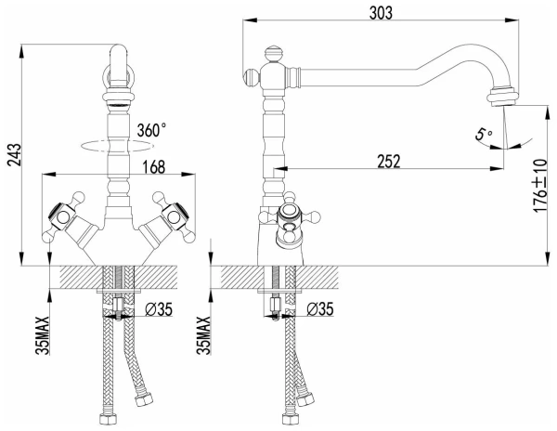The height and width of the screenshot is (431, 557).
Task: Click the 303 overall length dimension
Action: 381,13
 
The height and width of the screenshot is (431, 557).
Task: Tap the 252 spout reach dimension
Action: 388,161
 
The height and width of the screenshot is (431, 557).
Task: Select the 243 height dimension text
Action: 15,155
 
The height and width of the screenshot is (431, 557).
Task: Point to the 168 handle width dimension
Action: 154,167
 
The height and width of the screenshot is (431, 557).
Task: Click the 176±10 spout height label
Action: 540,186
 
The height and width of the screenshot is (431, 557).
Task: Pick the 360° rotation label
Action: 151,130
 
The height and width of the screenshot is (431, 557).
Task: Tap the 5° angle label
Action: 484,135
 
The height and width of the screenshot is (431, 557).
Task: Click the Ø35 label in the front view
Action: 159,309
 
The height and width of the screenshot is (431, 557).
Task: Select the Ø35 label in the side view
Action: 320,309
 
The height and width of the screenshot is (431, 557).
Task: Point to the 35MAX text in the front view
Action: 43,335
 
